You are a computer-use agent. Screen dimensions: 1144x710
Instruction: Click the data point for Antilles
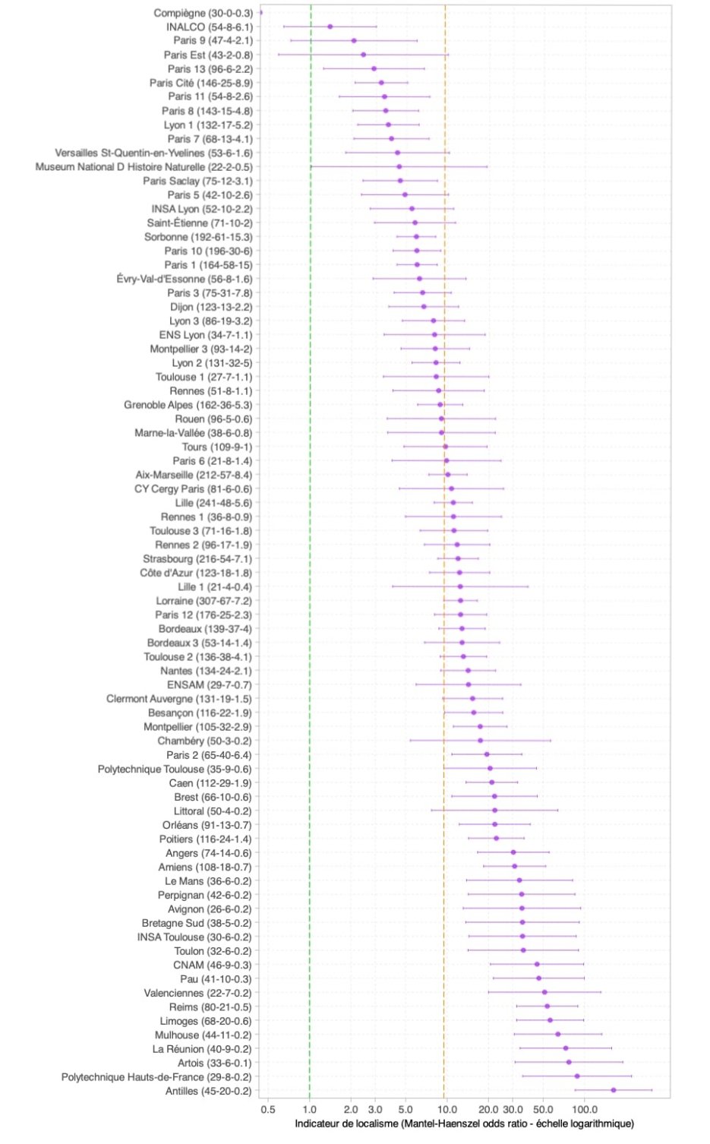pyautogui.click(x=614, y=1091)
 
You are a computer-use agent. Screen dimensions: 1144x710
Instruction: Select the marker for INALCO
pyautogui.click(x=330, y=27)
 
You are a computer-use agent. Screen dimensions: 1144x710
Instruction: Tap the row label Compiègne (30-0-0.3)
pyautogui.click(x=203, y=13)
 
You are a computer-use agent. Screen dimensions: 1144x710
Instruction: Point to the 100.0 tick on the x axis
pyautogui.click(x=584, y=1110)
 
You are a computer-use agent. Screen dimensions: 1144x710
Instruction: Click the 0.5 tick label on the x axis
pyautogui.click(x=268, y=1110)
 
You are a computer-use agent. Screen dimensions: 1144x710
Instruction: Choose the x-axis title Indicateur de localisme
pyautogui.click(x=464, y=1123)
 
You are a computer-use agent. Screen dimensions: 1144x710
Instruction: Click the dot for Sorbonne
pyautogui.click(x=416, y=237)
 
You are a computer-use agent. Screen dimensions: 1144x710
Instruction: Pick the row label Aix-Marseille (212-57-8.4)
pyautogui.click(x=194, y=475)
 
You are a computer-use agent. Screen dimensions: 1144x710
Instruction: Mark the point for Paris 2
pyautogui.click(x=487, y=754)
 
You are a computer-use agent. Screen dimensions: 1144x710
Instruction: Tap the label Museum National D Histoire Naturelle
pyautogui.click(x=144, y=167)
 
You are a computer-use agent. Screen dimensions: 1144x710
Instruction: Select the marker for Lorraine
pyautogui.click(x=460, y=601)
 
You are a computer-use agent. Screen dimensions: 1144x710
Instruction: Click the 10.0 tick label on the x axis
pyautogui.click(x=447, y=1110)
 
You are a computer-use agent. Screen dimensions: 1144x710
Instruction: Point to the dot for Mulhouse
pyautogui.click(x=557, y=1035)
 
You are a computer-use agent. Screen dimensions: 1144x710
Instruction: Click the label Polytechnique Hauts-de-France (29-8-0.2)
pyautogui.click(x=156, y=1077)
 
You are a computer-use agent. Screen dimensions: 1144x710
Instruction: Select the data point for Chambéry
pyautogui.click(x=480, y=741)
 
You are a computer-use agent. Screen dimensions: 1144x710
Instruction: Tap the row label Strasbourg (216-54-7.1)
pyautogui.click(x=197, y=559)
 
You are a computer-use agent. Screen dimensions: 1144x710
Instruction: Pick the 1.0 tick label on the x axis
pyautogui.click(x=310, y=1110)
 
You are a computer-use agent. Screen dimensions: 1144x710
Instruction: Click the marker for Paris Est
pyautogui.click(x=363, y=55)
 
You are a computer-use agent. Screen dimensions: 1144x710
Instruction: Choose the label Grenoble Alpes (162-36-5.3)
pyautogui.click(x=188, y=405)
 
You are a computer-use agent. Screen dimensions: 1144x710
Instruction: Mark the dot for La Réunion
pyautogui.click(x=566, y=1048)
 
